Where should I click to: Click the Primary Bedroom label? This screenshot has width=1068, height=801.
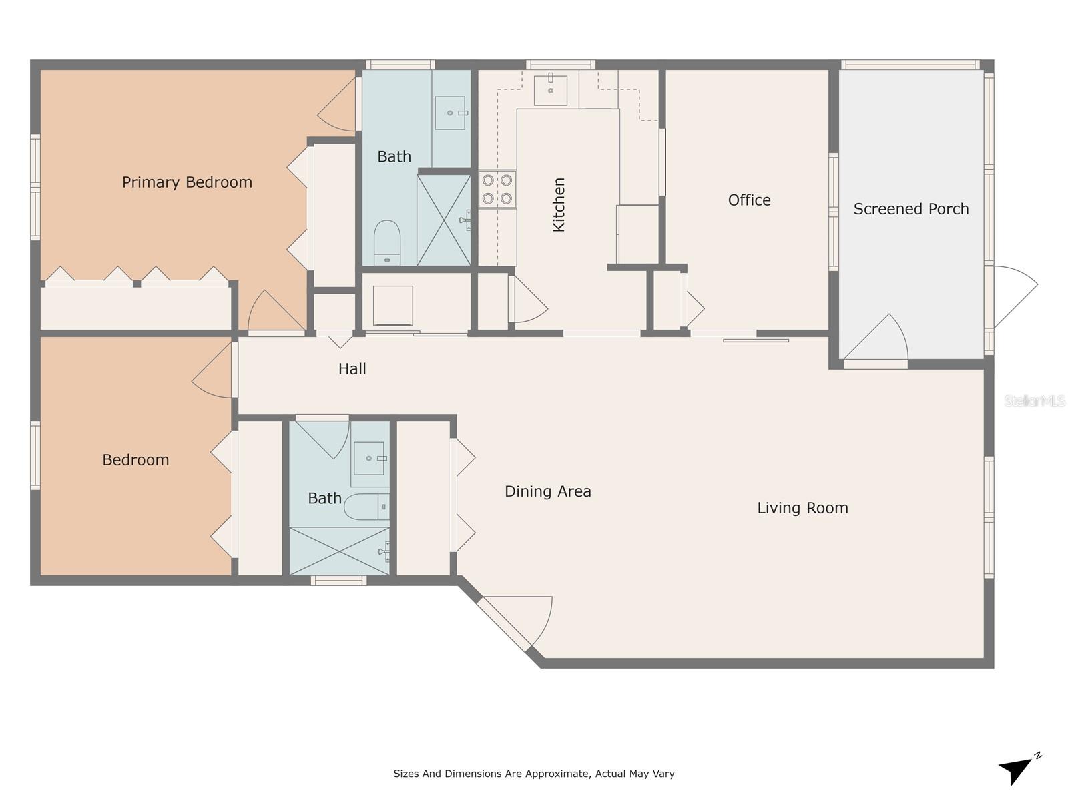coord(187,182)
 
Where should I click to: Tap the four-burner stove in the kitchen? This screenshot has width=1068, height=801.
coord(497,189)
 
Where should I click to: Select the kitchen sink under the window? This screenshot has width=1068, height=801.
coord(551,91)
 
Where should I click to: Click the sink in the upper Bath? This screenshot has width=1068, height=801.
coord(450,113)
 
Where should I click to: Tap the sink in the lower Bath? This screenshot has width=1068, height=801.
coord(368,459)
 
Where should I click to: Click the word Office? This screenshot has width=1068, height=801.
coord(749,200)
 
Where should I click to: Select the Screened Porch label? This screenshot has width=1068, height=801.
coord(910,209)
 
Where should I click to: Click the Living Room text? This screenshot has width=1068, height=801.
coord(802,508)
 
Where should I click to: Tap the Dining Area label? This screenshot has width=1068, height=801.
coord(547,492)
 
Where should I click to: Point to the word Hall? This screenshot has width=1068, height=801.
coord(352,369)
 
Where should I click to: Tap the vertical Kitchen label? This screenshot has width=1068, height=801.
coord(559,204)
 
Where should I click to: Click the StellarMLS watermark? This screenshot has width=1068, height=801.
coord(1034,400)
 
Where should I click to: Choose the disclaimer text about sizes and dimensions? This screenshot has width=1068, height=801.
coord(533,774)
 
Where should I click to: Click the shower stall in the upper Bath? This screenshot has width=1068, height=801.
coord(443,220)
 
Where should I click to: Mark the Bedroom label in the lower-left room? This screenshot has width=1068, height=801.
coord(136,460)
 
